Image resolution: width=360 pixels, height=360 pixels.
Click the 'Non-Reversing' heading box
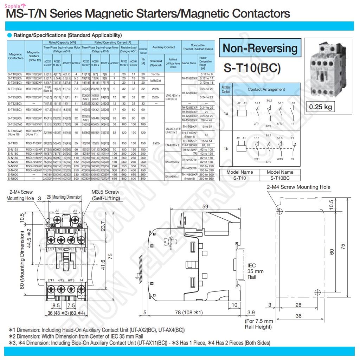[x=260, y=49]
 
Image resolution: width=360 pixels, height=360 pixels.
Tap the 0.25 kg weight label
[x=320, y=107]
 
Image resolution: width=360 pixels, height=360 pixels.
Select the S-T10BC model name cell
[x=280, y=178]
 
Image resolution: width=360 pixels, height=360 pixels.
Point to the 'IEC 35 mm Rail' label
[x=255, y=271]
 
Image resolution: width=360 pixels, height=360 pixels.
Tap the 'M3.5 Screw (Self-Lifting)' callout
[x=105, y=195]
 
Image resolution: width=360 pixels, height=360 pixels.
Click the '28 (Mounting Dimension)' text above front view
[x=64, y=197]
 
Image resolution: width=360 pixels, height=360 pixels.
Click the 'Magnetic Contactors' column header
[x=15, y=56]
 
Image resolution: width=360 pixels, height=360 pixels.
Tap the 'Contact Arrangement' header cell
[x=266, y=89]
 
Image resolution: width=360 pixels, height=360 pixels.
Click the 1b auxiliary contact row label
[x=226, y=148]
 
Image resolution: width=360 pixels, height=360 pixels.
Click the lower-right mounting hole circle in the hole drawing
[x=317, y=292]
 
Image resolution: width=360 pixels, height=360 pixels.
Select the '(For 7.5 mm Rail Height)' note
[x=259, y=324]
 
